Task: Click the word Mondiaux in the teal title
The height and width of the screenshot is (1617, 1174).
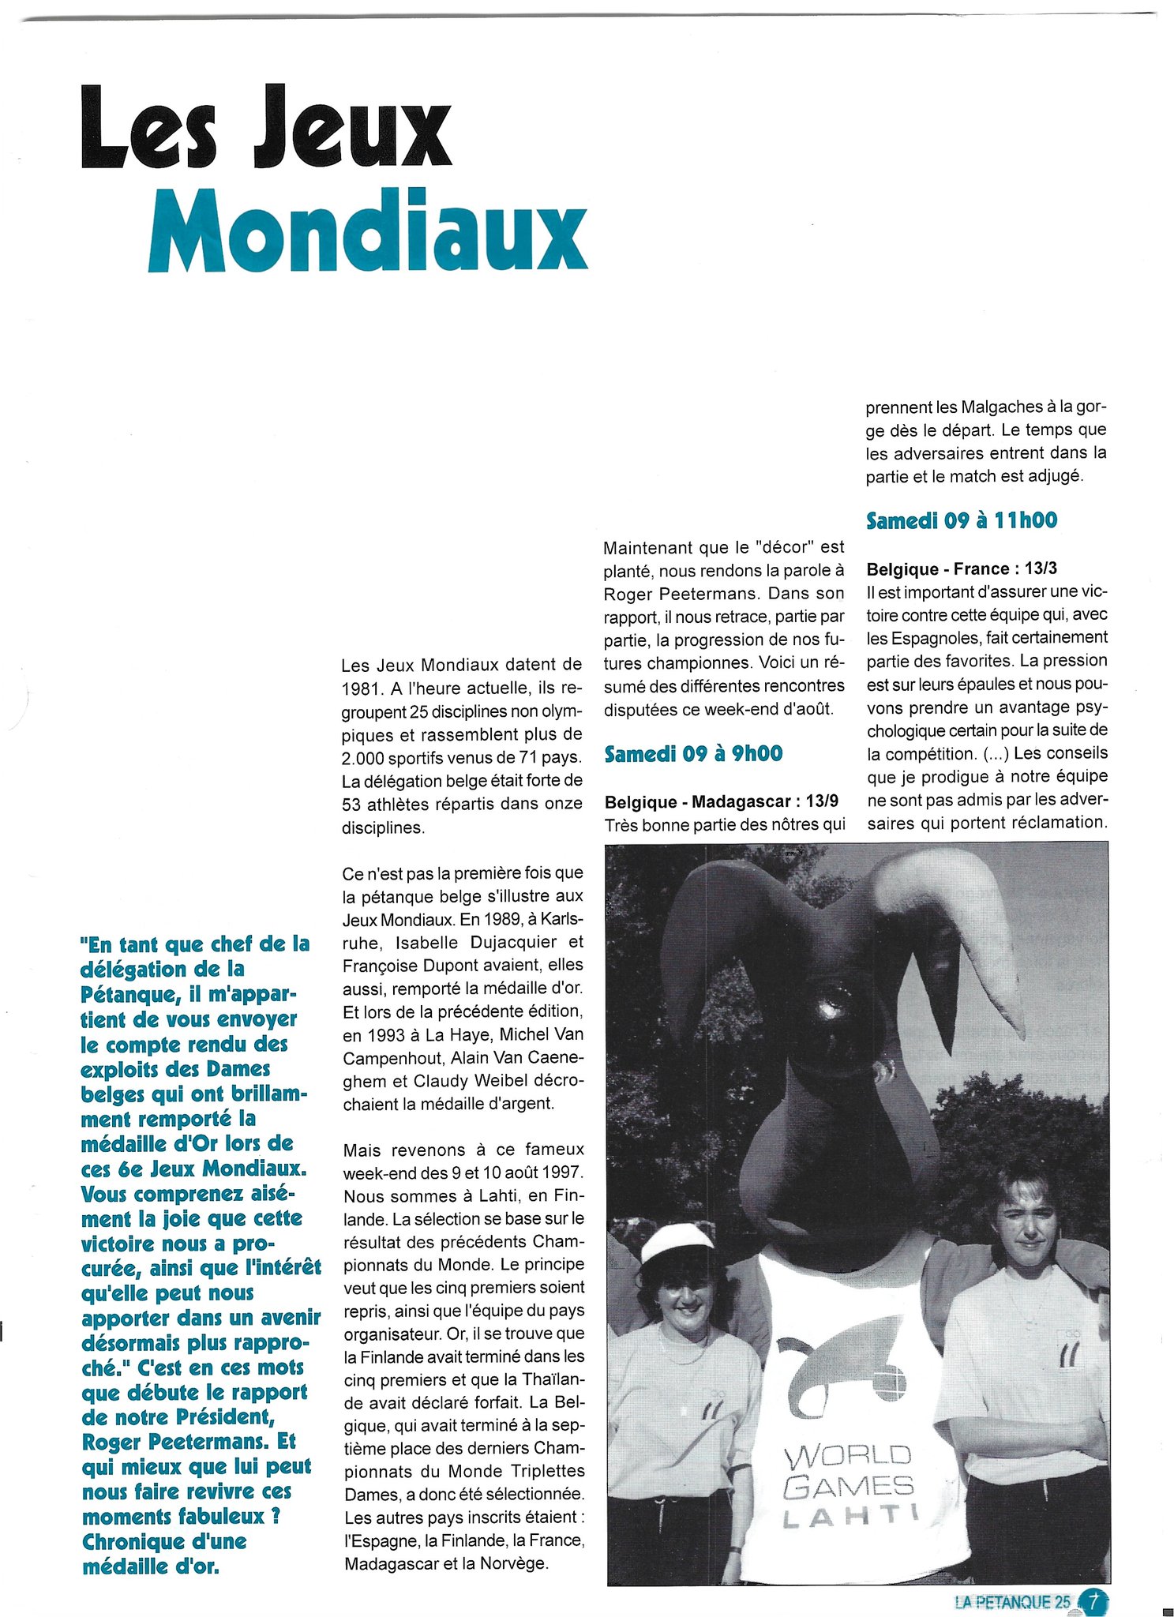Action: pyautogui.click(x=367, y=231)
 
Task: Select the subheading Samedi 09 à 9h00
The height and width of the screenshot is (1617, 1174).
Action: pyautogui.click(x=692, y=754)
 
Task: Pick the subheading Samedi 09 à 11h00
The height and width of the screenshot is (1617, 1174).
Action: pyautogui.click(x=961, y=520)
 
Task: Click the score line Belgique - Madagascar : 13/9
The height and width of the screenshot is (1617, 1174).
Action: pyautogui.click(x=721, y=802)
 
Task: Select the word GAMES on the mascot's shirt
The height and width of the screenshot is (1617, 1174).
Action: pyautogui.click(x=848, y=1488)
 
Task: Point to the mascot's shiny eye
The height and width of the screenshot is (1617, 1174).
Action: pyautogui.click(x=831, y=1005)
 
